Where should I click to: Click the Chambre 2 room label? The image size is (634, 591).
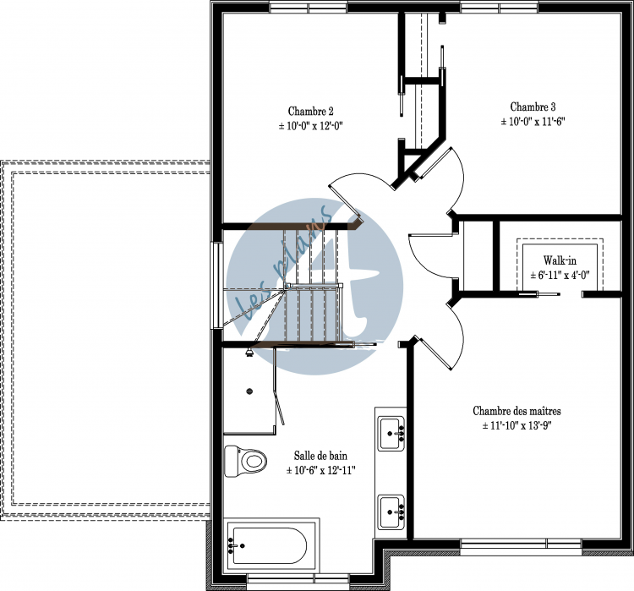pos(310,112)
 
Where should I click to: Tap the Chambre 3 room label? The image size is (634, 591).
pos(533,107)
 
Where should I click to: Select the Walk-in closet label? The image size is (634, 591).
pos(560,260)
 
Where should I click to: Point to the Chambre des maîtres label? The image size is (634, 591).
pos(516,411)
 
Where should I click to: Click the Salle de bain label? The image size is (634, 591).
pos(320,456)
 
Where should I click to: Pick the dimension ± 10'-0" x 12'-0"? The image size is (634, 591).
pos(310,126)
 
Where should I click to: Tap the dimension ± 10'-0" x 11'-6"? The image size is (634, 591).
pos(533,122)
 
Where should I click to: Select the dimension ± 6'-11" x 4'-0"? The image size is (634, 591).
pos(560,275)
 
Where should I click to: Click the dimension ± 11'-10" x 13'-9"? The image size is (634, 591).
pos(516,425)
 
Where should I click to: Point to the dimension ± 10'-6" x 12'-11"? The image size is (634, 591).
pos(320,470)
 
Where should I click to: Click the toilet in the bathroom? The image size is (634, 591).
pos(246,461)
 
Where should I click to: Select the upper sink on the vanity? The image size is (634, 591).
pos(391,433)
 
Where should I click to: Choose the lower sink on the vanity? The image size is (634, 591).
pos(391,512)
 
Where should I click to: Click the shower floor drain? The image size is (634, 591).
pos(249,391)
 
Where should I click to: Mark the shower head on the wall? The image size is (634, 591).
pos(249,352)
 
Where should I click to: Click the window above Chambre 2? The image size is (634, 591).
pos(308,8)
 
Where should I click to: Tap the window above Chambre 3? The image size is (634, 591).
pos(500,8)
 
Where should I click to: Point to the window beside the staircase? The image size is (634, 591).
pos(217,285)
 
